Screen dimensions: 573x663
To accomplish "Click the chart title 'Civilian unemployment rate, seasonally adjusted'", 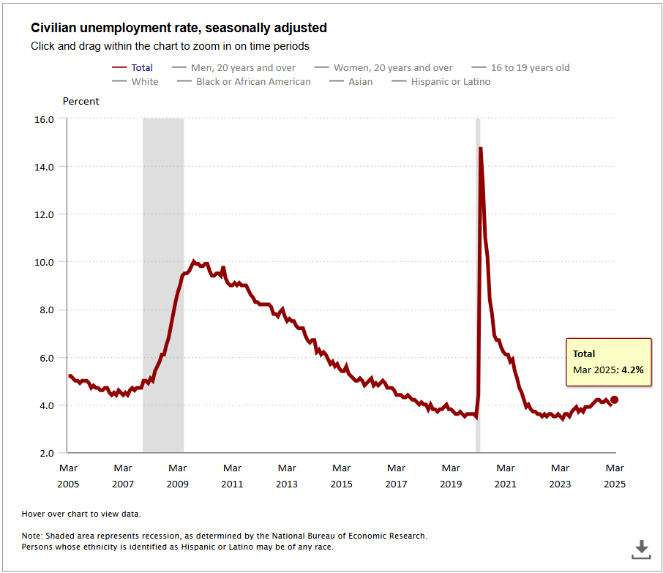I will pos(179,28).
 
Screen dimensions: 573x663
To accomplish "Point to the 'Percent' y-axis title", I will pos(81,101).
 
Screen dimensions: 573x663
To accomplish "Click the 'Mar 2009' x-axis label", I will pos(178,476).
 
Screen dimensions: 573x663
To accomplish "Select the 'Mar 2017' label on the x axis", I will pos(397,476).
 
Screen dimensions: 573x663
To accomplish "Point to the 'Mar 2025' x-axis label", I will pos(615,476).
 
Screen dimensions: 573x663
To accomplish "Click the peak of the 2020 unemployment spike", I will pos(480,149).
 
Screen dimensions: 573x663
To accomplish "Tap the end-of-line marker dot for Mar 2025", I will pos(615,400).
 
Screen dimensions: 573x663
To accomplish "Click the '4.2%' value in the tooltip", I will pos(632,370).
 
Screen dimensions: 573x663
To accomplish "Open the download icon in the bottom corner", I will pos(641,548).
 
